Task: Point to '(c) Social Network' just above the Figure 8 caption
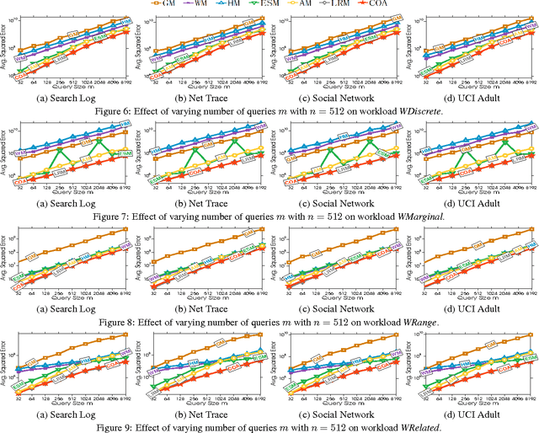click(x=339, y=308)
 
